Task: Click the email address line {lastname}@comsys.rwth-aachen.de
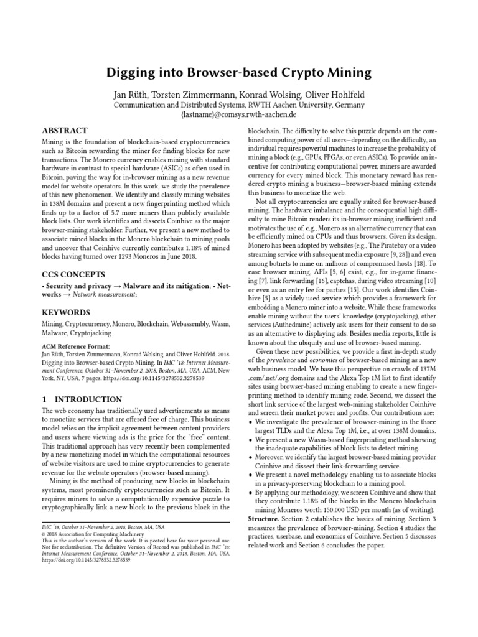click(x=238, y=115)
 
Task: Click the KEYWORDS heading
click(x=65, y=312)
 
